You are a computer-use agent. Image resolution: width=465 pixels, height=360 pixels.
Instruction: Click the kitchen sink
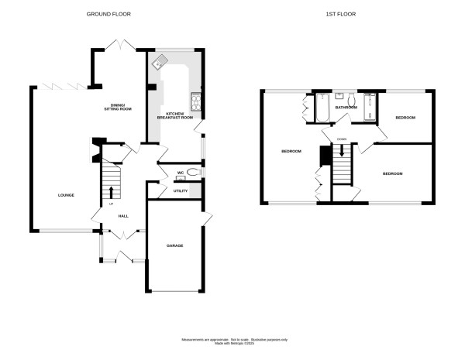162,62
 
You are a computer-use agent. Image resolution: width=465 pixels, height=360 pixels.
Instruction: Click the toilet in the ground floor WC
192,173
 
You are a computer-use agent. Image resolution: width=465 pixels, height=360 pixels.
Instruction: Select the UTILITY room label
181,190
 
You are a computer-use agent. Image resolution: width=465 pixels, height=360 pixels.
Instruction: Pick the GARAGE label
174,245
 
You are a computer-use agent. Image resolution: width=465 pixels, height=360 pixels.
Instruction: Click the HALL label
122,216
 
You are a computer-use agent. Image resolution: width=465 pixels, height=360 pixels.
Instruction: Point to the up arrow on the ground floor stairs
111,191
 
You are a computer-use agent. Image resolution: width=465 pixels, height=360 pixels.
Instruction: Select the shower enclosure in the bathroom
370,108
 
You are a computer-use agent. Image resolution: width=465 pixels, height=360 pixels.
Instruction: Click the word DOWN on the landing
342,139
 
